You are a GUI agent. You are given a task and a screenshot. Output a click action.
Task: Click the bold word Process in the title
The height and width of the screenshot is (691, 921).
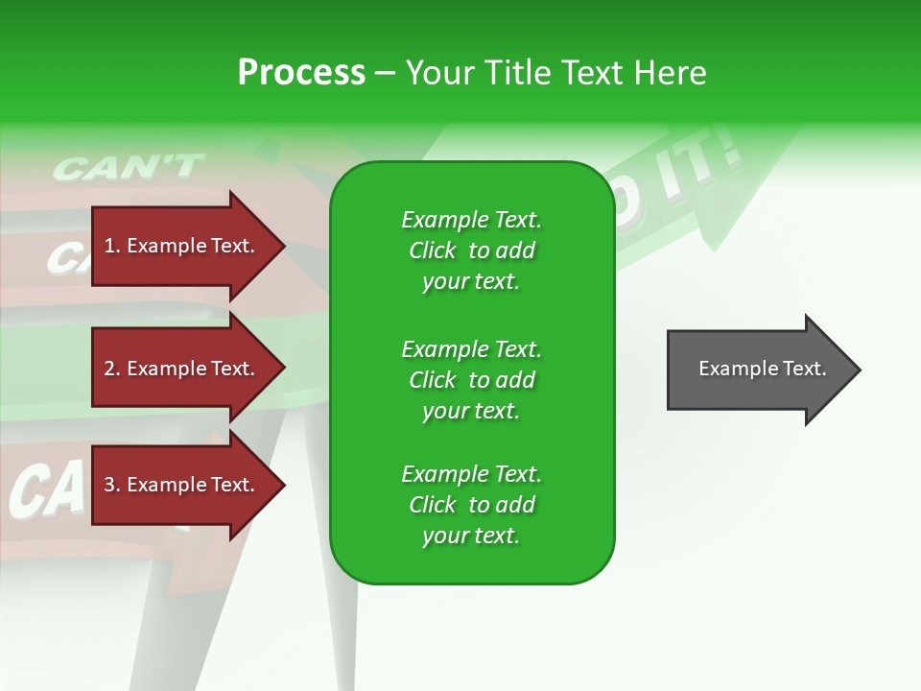[301, 73]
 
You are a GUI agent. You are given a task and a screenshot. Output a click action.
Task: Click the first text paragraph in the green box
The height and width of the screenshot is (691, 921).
[471, 250]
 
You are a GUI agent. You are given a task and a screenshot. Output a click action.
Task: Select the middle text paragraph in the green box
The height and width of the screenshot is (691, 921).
[471, 380]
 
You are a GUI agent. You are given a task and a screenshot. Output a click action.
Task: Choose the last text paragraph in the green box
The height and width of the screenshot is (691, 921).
[471, 505]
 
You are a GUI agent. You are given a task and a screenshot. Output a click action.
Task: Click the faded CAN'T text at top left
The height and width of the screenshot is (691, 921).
[128, 168]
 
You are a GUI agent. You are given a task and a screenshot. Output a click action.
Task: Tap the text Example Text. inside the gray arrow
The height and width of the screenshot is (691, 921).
[762, 369]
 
